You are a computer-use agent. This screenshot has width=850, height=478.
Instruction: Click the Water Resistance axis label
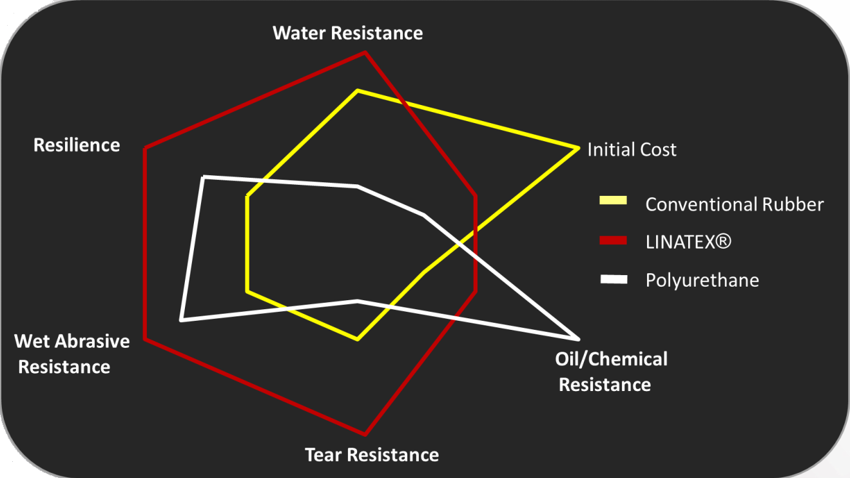(348, 33)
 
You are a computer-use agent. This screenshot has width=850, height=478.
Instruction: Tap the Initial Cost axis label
(632, 150)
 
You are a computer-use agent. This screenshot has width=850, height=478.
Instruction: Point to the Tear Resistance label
(372, 455)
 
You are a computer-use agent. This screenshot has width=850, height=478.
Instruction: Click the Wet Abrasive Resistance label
(71, 354)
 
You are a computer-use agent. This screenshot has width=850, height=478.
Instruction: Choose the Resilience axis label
(77, 145)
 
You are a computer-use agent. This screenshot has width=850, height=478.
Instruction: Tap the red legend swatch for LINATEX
(613, 240)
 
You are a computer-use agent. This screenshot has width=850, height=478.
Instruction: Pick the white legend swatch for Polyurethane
(613, 279)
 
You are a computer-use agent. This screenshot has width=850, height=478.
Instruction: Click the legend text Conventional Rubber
(735, 204)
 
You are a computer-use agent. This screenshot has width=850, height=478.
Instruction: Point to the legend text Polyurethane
(702, 281)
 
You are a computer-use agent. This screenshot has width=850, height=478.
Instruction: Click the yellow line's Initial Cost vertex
(576, 149)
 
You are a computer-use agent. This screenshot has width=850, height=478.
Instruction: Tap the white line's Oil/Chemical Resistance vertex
(577, 338)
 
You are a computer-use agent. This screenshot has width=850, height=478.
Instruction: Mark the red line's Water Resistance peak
(365, 52)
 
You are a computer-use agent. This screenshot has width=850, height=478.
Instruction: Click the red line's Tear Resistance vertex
(365, 434)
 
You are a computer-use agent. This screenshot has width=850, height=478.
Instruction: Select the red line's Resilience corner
(145, 149)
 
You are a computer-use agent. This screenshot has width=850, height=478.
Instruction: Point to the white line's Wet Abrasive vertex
(182, 320)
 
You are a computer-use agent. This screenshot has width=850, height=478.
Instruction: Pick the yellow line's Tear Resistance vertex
(357, 339)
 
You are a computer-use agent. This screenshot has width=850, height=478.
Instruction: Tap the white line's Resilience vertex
(203, 176)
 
